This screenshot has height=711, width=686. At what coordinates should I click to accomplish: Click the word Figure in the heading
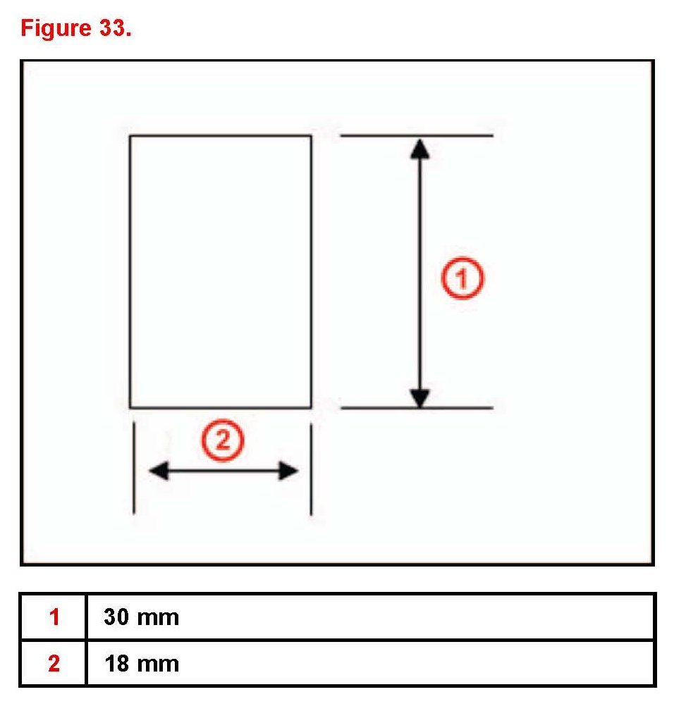pyautogui.click(x=51, y=30)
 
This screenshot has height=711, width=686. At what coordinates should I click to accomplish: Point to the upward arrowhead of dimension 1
pyautogui.click(x=419, y=147)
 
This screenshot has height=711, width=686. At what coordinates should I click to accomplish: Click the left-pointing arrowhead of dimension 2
pyautogui.click(x=158, y=471)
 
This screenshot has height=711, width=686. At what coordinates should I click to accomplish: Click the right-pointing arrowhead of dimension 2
pyautogui.click(x=289, y=471)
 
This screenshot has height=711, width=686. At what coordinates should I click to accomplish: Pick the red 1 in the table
pyautogui.click(x=54, y=617)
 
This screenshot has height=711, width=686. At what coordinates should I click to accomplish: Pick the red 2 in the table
pyautogui.click(x=54, y=663)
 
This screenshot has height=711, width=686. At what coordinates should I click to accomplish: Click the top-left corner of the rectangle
pyautogui.click(x=130, y=135)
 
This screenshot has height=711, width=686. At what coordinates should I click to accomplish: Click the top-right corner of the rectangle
pyautogui.click(x=311, y=135)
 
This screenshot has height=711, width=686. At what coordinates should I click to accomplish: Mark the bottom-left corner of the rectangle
pyautogui.click(x=130, y=407)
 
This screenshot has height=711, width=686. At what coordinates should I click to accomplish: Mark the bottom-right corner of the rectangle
pyautogui.click(x=311, y=407)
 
